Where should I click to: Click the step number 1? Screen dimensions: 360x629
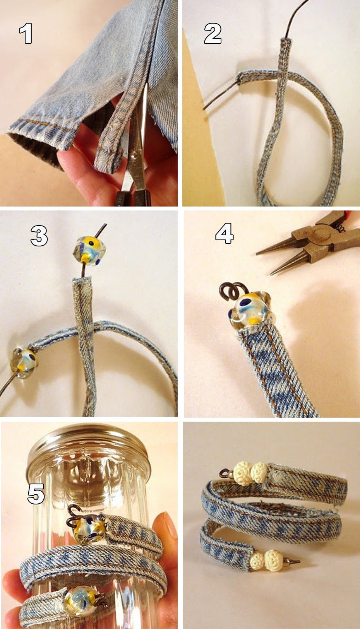[26, 33]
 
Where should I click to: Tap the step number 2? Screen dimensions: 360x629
[213, 33]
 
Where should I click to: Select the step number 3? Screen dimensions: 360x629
[39, 236]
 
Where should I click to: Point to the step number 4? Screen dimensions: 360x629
[225, 233]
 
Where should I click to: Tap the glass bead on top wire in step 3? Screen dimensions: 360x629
[89, 250]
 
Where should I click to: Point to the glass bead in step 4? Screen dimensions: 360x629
[250, 309]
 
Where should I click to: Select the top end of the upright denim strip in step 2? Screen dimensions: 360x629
[286, 40]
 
